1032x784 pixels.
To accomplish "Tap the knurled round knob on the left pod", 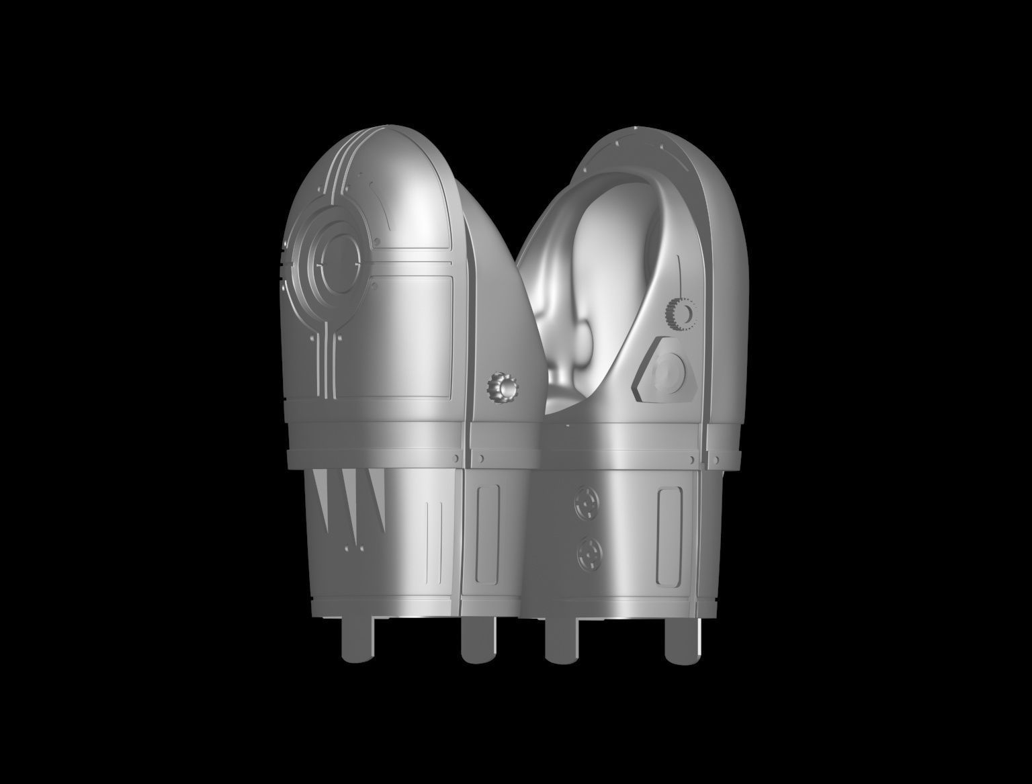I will tap(503, 388).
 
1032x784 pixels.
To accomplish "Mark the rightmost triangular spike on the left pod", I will tap(377, 500).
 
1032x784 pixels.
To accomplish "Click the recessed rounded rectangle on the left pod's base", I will tap(487, 535).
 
